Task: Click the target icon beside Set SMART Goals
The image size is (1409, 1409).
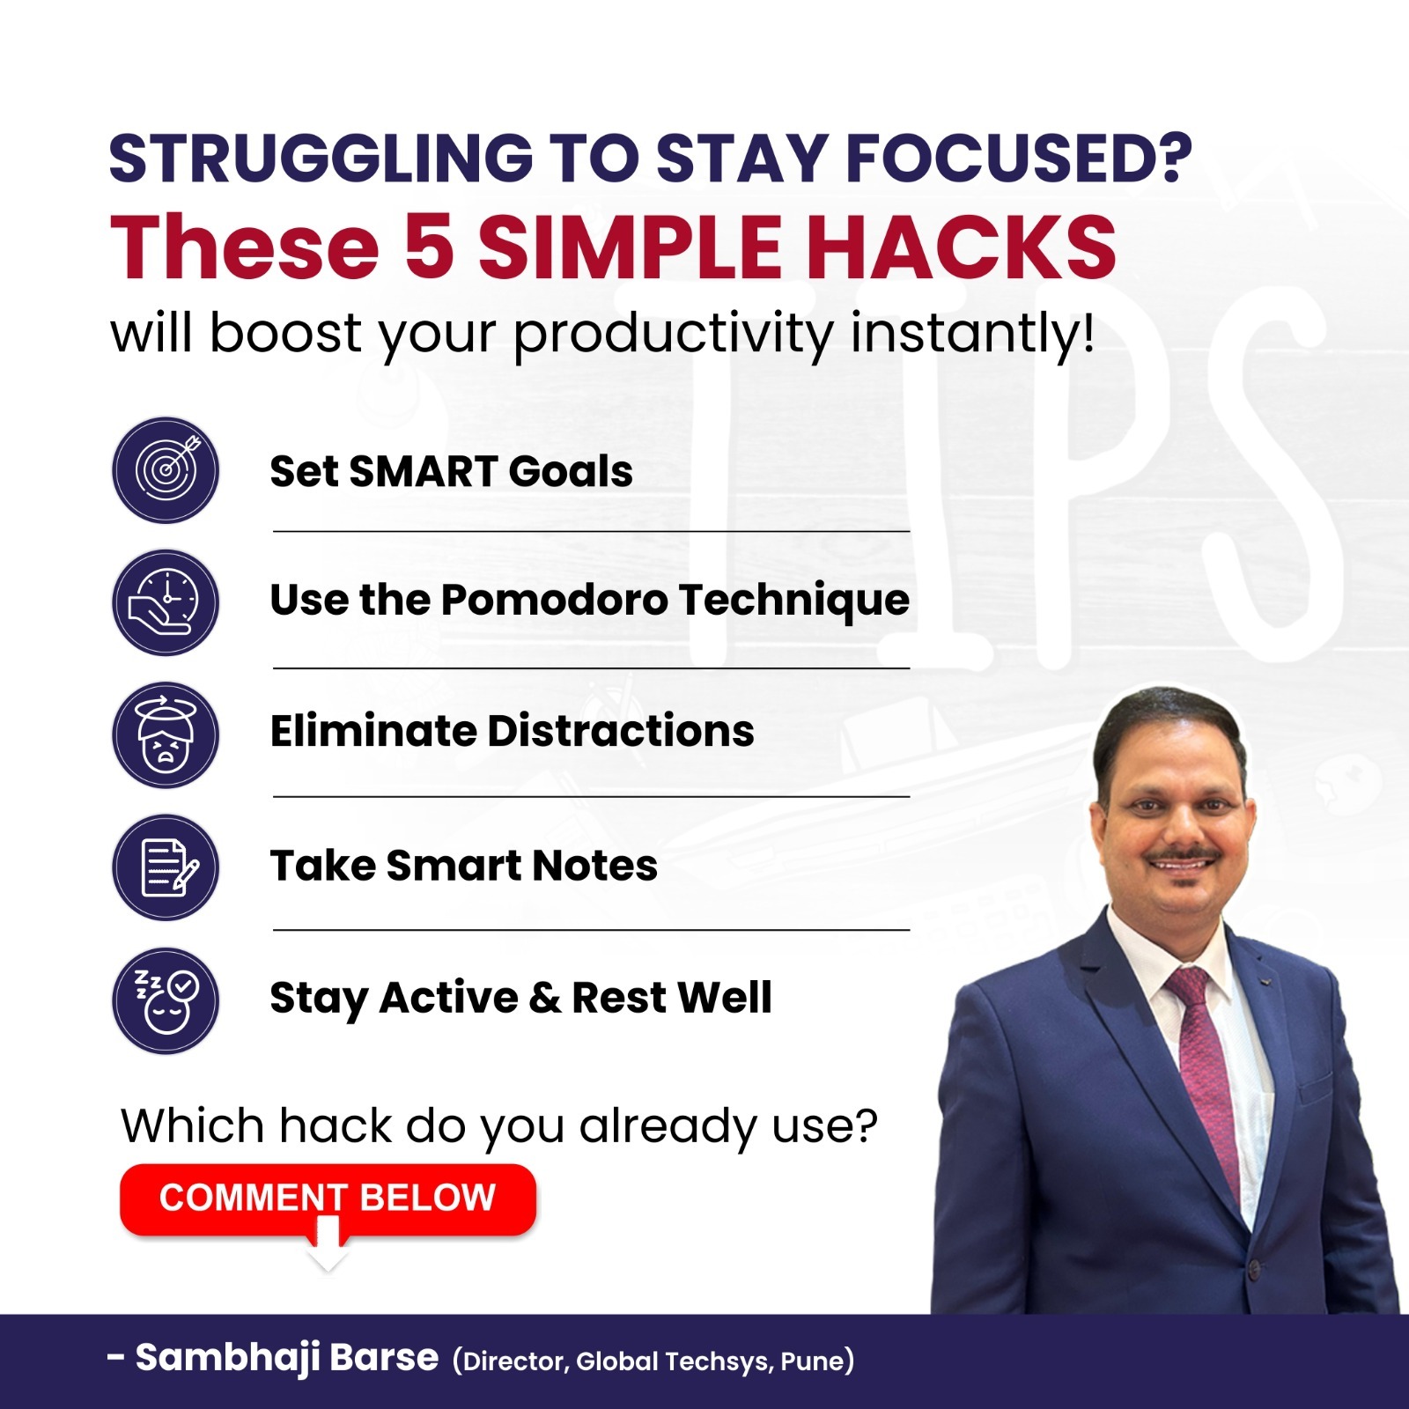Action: tap(166, 470)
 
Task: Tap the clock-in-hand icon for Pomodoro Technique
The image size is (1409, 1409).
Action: tap(166, 602)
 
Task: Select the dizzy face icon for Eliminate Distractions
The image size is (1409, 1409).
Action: tap(166, 734)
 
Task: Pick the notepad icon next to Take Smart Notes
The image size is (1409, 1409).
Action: tap(166, 867)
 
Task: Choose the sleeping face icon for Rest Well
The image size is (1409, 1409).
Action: tap(166, 1000)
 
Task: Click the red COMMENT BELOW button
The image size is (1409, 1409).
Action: tap(328, 1199)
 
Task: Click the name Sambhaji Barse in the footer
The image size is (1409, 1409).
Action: tap(287, 1358)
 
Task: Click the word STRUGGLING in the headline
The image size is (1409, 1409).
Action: tap(321, 159)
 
